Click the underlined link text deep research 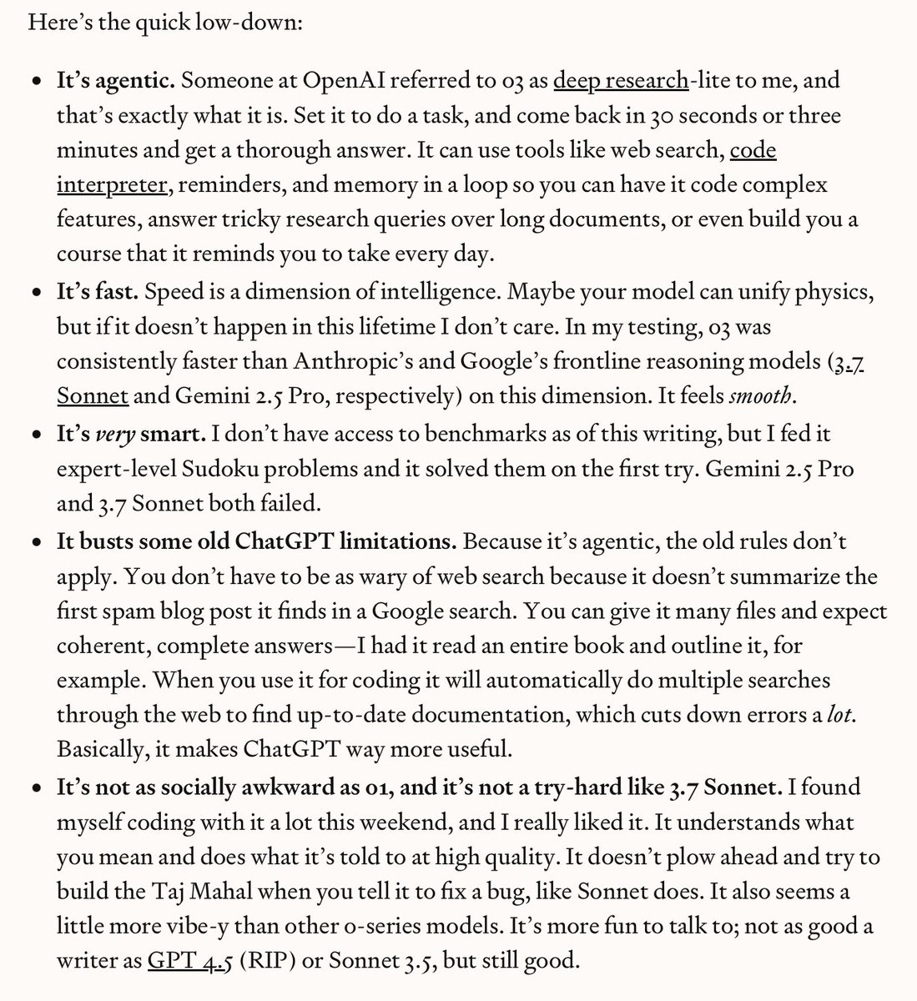[x=621, y=81]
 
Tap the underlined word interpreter [x=111, y=184]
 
